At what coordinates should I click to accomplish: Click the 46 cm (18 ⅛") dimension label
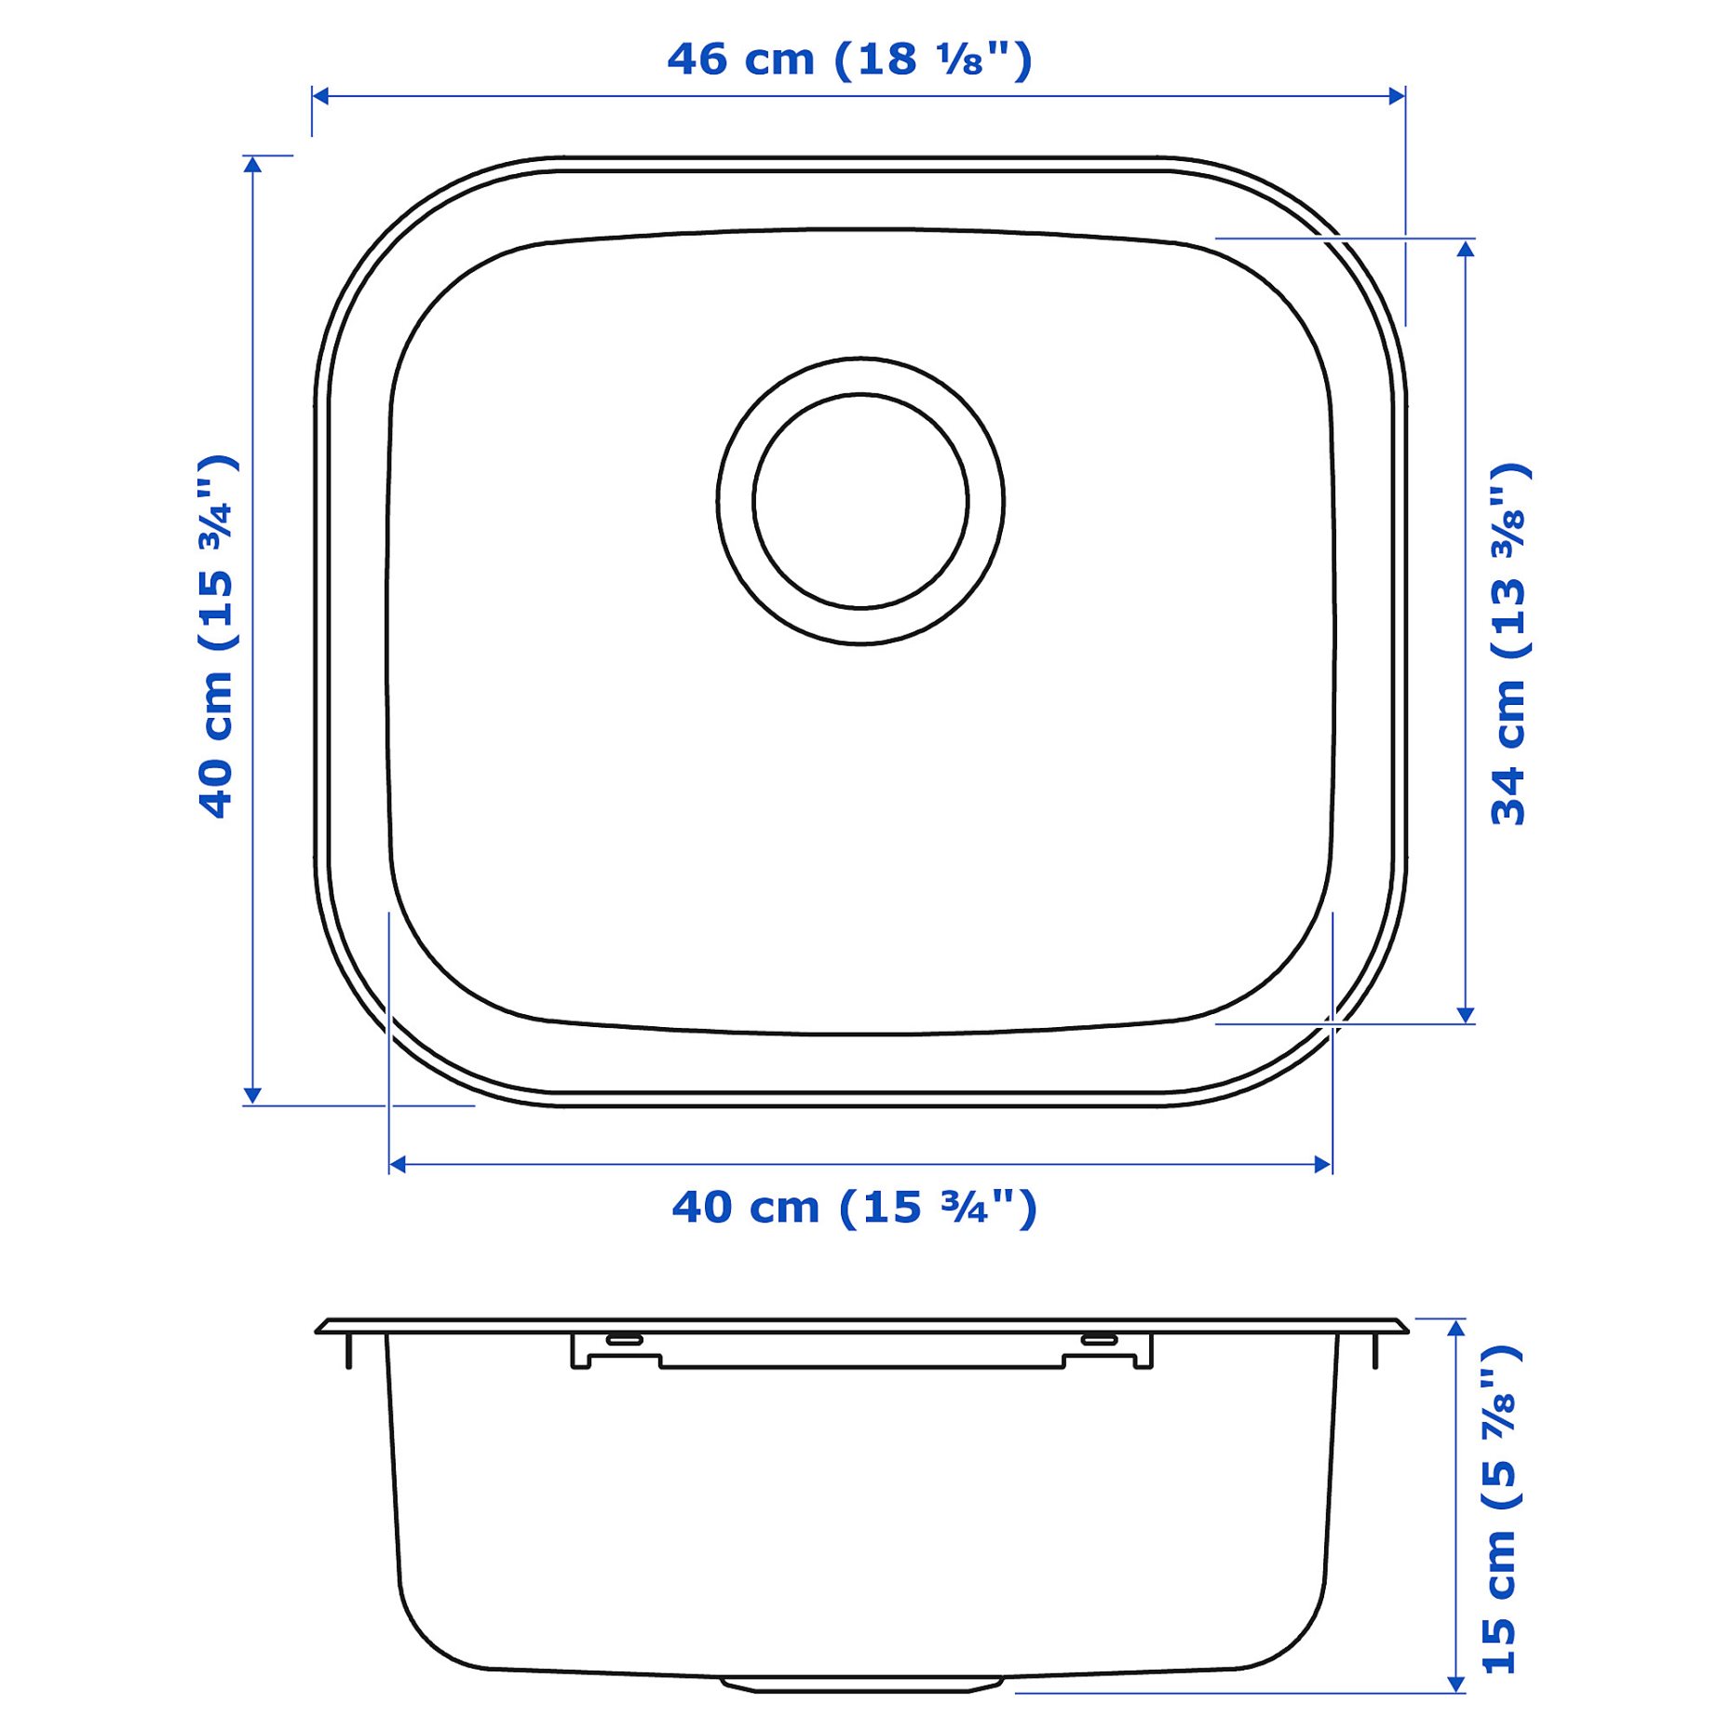pos(849,61)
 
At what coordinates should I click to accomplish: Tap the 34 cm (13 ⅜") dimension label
pos(1509,644)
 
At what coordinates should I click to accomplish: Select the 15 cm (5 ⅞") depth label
pos(1499,1509)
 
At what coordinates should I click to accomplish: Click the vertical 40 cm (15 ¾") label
pos(217,637)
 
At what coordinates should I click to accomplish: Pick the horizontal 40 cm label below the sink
pos(854,1208)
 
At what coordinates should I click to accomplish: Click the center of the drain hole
pos(860,501)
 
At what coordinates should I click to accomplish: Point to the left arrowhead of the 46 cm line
pos(320,96)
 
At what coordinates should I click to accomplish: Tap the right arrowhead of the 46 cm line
pos(1397,96)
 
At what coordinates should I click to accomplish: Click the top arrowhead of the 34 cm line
pos(1466,248)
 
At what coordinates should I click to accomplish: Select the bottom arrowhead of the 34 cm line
pos(1466,1015)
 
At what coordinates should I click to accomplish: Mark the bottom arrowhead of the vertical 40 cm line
pos(252,1095)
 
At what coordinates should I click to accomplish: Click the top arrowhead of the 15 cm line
pos(1456,1328)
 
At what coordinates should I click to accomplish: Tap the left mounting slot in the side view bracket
pos(624,1339)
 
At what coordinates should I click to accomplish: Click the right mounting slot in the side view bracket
pos(1099,1339)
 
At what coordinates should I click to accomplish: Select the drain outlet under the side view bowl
pos(860,1684)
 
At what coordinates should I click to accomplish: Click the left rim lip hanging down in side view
pos(348,1350)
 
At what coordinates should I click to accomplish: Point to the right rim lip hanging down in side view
pos(1375,1350)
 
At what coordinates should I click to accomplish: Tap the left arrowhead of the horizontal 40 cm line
pos(398,1164)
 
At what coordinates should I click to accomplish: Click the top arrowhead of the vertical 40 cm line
pos(252,165)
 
